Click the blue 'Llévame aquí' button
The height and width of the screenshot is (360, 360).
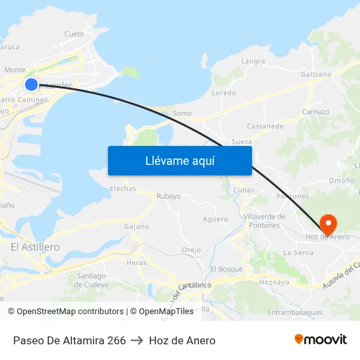(179, 160)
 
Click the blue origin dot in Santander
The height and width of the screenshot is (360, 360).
(31, 84)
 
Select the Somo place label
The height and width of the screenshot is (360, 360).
(182, 113)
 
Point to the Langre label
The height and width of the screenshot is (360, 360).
(253, 62)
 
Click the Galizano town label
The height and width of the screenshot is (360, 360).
(316, 75)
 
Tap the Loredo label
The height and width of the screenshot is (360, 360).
(224, 93)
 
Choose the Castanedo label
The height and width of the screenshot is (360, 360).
(265, 126)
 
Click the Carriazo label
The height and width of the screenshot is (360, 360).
(316, 112)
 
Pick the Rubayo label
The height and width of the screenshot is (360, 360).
(168, 196)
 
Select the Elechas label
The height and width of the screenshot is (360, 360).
(123, 189)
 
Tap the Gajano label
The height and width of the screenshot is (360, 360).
(136, 226)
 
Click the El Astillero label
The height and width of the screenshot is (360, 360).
(35, 247)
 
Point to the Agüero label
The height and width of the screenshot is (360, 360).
(215, 219)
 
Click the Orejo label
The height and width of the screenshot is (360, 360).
(191, 250)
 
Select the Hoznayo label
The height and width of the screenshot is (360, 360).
(274, 282)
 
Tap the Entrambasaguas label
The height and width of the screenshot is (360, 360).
(295, 313)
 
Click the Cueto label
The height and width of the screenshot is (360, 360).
(74, 34)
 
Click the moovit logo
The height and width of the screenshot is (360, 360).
(320, 340)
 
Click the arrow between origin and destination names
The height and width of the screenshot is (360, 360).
(137, 340)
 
